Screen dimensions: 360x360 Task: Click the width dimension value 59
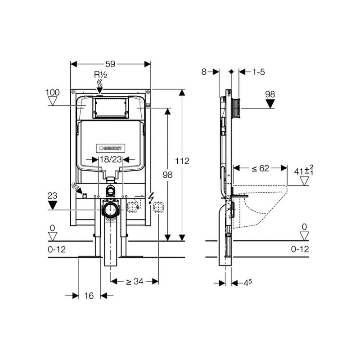110,64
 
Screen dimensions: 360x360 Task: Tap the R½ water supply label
100,75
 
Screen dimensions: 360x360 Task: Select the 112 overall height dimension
182,161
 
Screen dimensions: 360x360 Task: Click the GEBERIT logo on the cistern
110,148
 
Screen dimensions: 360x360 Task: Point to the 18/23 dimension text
111,159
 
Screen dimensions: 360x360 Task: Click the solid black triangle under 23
52,205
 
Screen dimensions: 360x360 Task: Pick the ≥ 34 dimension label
135,281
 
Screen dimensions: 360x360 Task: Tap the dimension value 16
89,296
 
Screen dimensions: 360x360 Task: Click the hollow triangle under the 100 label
53,101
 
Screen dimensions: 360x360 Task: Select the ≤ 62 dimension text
260,168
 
